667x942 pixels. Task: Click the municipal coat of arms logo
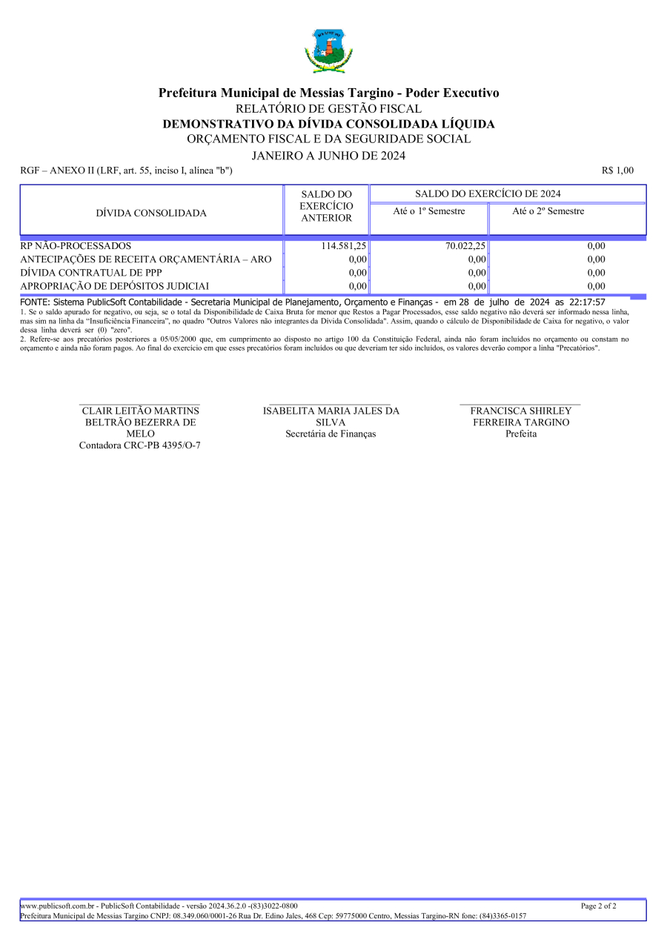click(328, 51)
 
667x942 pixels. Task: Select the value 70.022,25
click(465, 246)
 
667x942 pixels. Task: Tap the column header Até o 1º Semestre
click(429, 211)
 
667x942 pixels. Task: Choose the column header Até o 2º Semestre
click(548, 211)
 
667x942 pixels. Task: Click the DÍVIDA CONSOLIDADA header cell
click(151, 213)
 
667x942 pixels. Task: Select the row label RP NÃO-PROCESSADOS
click(76, 246)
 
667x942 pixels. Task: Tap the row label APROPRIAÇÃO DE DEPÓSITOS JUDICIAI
click(115, 286)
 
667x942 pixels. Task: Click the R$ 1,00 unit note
click(618, 170)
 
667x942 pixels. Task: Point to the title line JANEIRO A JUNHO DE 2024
click(328, 156)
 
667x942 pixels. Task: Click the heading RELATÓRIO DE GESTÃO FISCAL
click(328, 109)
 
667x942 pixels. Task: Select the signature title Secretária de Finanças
click(331, 434)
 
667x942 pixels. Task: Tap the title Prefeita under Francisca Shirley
click(521, 434)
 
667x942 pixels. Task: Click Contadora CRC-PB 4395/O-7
click(140, 445)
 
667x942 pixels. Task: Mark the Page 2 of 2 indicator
click(599, 906)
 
